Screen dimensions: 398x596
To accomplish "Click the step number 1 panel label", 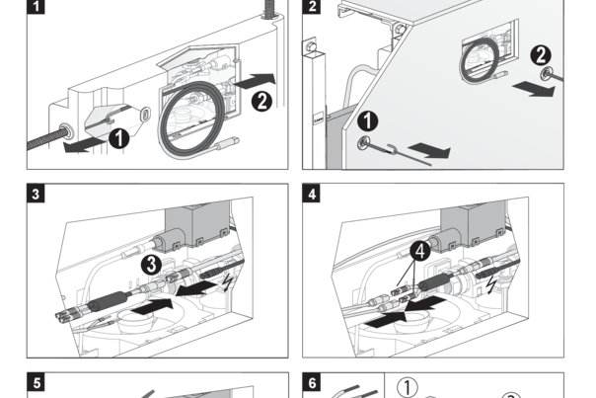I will (37, 6).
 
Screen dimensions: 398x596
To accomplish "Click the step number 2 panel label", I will (313, 6).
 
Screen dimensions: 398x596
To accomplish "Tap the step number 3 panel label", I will (37, 194).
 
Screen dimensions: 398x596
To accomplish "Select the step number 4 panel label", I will (313, 194).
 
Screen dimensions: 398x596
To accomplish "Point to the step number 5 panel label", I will (37, 382).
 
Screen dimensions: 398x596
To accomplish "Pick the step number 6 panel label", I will (313, 382).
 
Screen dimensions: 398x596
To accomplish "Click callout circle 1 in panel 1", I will (118, 138).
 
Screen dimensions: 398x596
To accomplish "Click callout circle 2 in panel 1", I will (262, 99).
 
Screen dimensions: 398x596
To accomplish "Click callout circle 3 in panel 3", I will (150, 264).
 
